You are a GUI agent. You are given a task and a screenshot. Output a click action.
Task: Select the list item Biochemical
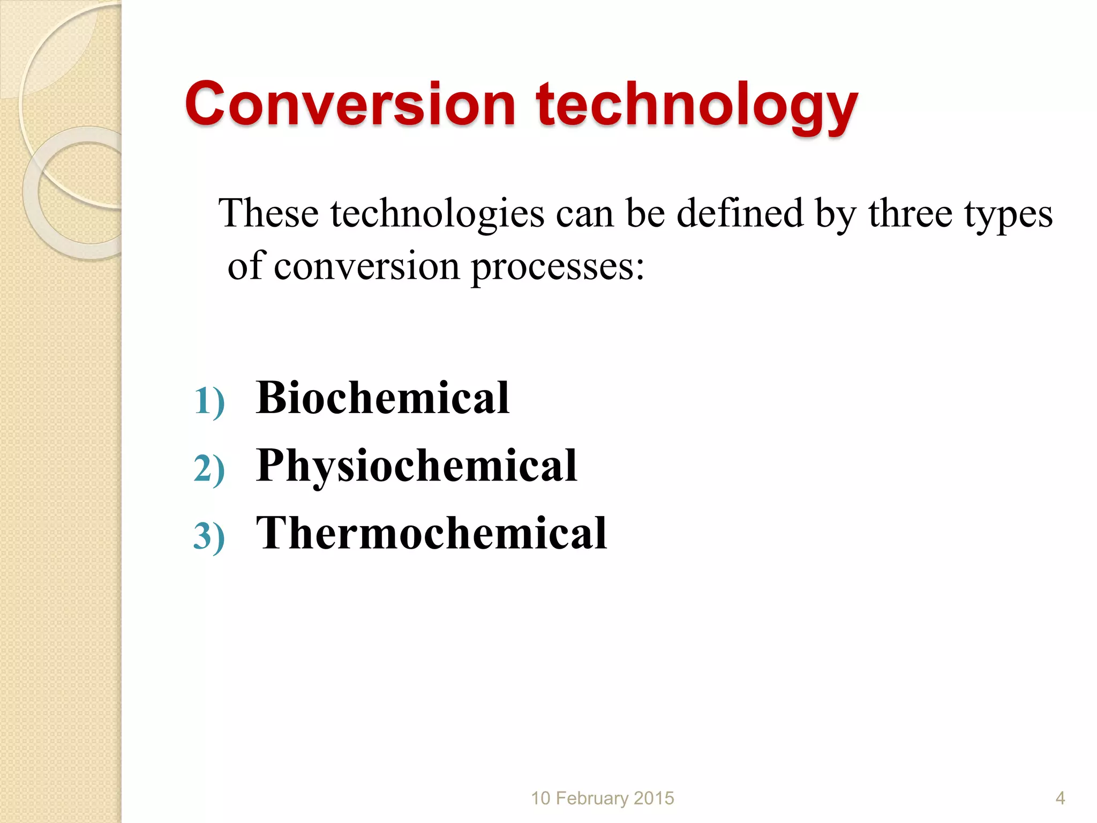[382, 398]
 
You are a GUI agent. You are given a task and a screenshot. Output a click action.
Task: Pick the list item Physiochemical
[417, 466]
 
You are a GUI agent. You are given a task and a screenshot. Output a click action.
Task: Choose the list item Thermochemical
[431, 534]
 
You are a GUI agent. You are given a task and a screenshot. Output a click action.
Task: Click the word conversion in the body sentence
[366, 267]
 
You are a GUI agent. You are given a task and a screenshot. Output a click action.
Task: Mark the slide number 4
[1060, 798]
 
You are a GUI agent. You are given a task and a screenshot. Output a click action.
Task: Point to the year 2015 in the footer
[654, 798]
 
